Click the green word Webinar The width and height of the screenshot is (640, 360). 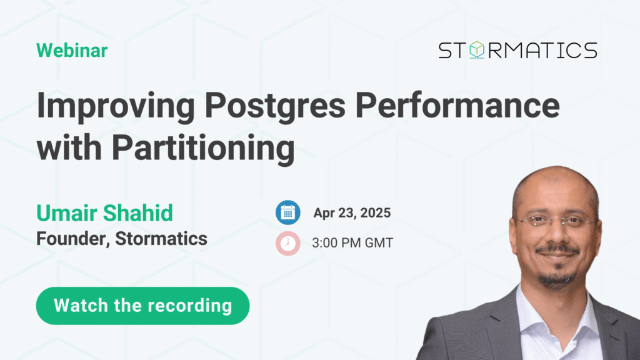pos(72,51)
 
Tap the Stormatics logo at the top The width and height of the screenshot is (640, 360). pos(517,50)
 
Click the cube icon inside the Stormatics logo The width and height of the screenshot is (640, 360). pos(476,50)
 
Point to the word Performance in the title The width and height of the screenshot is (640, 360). pos(457,105)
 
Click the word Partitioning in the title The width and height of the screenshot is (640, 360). pos(203,149)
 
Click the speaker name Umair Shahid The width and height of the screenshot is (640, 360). pos(104,213)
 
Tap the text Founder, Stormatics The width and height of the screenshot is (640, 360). pos(122,239)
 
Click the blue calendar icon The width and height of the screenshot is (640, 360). pos(287,212)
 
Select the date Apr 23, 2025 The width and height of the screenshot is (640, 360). pos(352,213)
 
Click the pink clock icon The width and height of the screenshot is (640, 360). pos(287,243)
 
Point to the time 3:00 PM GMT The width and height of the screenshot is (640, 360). pos(352,243)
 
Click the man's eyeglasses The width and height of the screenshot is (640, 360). pos(554,222)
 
